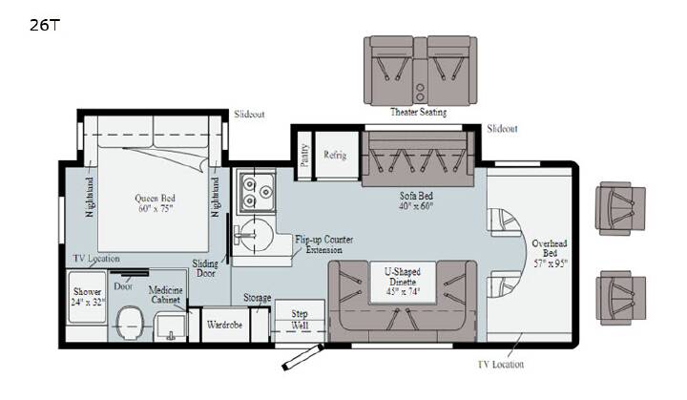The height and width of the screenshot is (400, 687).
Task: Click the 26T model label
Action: (x=44, y=25)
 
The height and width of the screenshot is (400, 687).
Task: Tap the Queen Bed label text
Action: (x=155, y=198)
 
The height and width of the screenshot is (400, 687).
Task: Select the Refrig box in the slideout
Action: (x=336, y=155)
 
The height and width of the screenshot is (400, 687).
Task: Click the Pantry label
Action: (x=304, y=155)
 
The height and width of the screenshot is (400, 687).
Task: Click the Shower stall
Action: (x=88, y=297)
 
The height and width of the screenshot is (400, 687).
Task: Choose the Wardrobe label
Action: (x=225, y=325)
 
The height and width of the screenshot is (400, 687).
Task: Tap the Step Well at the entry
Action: (x=300, y=321)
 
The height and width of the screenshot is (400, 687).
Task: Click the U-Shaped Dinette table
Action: (x=403, y=282)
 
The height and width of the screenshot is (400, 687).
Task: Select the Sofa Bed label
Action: (x=416, y=196)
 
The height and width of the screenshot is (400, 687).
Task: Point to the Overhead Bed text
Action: (x=550, y=248)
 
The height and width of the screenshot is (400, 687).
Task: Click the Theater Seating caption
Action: (x=419, y=113)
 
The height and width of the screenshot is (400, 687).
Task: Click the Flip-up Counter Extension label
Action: (x=323, y=244)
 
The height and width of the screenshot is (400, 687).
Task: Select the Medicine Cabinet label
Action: (x=166, y=295)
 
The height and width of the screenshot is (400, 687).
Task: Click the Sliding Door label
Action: (x=205, y=268)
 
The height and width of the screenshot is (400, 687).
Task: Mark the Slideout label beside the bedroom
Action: (x=249, y=114)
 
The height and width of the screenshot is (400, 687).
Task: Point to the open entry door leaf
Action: (x=302, y=357)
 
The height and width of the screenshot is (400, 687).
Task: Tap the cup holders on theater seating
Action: (x=420, y=92)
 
